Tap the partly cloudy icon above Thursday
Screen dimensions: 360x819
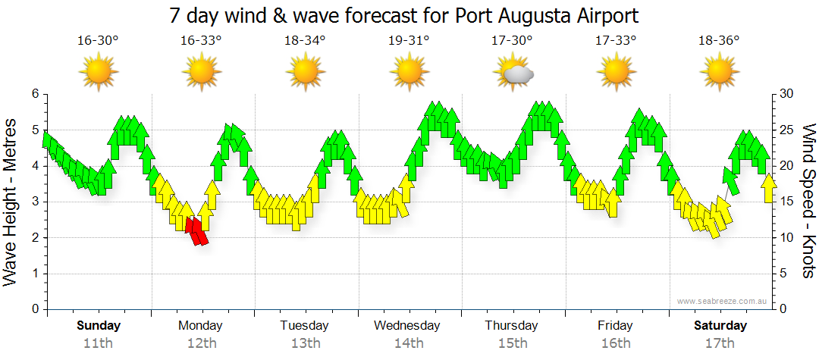[513, 74]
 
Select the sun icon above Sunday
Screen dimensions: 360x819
[99, 74]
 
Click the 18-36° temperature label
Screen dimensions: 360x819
[719, 40]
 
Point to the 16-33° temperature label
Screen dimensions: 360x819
[201, 40]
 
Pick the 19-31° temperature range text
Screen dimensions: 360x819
[409, 40]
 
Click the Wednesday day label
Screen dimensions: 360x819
[407, 326]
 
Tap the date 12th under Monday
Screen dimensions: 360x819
[200, 343]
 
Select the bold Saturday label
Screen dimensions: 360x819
[720, 326]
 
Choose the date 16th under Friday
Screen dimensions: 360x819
[615, 343]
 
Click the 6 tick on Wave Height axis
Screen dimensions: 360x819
[35, 94]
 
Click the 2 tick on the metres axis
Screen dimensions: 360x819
[35, 238]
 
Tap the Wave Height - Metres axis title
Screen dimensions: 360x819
[12, 202]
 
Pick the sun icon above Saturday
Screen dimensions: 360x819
[719, 74]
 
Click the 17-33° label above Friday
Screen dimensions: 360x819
[616, 40]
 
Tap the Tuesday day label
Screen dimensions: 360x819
[304, 326]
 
